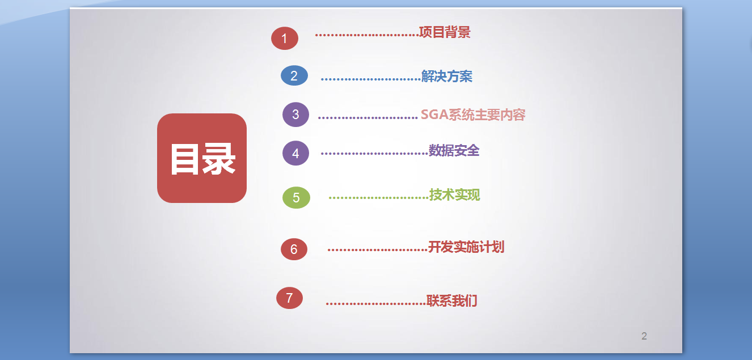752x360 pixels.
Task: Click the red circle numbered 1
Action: pyautogui.click(x=285, y=38)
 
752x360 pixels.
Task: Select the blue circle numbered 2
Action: pyautogui.click(x=294, y=75)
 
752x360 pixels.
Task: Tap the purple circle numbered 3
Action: pyautogui.click(x=295, y=115)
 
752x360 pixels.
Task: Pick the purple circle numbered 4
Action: pyautogui.click(x=295, y=153)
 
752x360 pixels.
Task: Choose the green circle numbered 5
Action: pyautogui.click(x=296, y=197)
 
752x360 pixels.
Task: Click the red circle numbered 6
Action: pyautogui.click(x=294, y=249)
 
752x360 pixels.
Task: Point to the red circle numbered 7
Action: pyautogui.click(x=289, y=298)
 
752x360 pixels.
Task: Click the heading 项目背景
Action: pyautogui.click(x=445, y=32)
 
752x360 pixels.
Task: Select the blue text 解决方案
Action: pyautogui.click(x=447, y=76)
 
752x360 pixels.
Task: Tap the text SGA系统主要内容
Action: pyautogui.click(x=473, y=115)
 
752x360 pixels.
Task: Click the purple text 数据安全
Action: pyautogui.click(x=454, y=150)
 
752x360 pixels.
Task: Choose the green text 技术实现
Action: pyautogui.click(x=455, y=194)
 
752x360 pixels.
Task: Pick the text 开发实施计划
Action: pyautogui.click(x=466, y=247)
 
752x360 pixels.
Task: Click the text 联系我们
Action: pyautogui.click(x=452, y=300)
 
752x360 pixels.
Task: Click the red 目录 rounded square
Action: pyautogui.click(x=202, y=158)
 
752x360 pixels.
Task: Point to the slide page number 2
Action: pyautogui.click(x=644, y=336)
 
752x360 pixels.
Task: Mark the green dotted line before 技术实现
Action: pyautogui.click(x=379, y=198)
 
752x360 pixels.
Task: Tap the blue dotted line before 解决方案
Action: pyautogui.click(x=371, y=79)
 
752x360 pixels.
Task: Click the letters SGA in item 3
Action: pyautogui.click(x=434, y=115)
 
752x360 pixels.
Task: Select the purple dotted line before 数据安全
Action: pyautogui.click(x=375, y=154)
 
